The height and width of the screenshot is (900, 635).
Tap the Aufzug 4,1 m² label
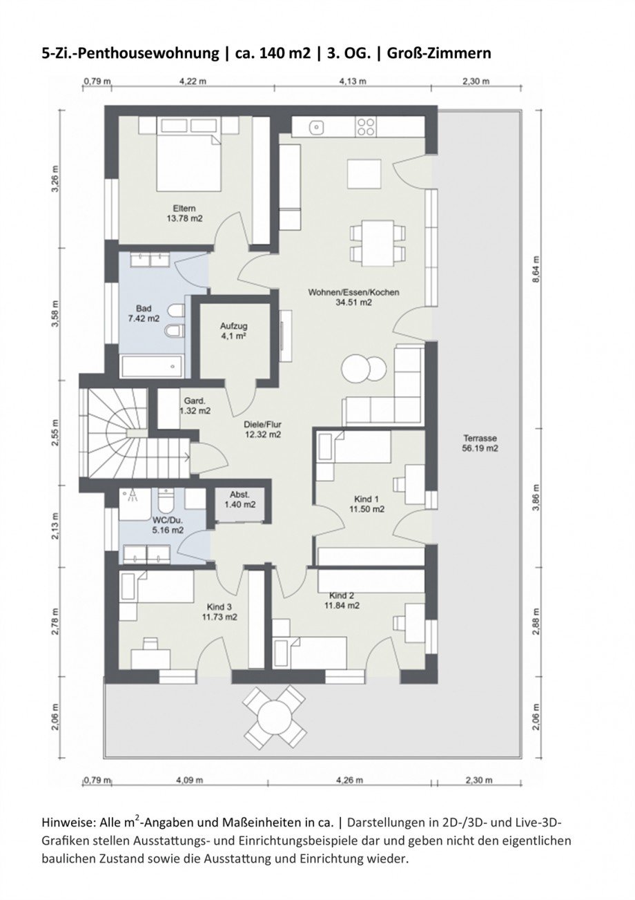pyautogui.click(x=233, y=331)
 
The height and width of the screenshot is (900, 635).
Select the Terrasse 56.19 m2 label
pyautogui.click(x=480, y=443)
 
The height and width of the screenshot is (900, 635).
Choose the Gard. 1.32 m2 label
pyautogui.click(x=195, y=405)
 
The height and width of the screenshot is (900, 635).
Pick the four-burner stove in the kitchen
pyautogui.click(x=366, y=127)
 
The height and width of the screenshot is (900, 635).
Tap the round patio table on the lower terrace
pyautogui.click(x=275, y=716)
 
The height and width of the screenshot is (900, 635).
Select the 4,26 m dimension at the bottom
pyautogui.click(x=350, y=781)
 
